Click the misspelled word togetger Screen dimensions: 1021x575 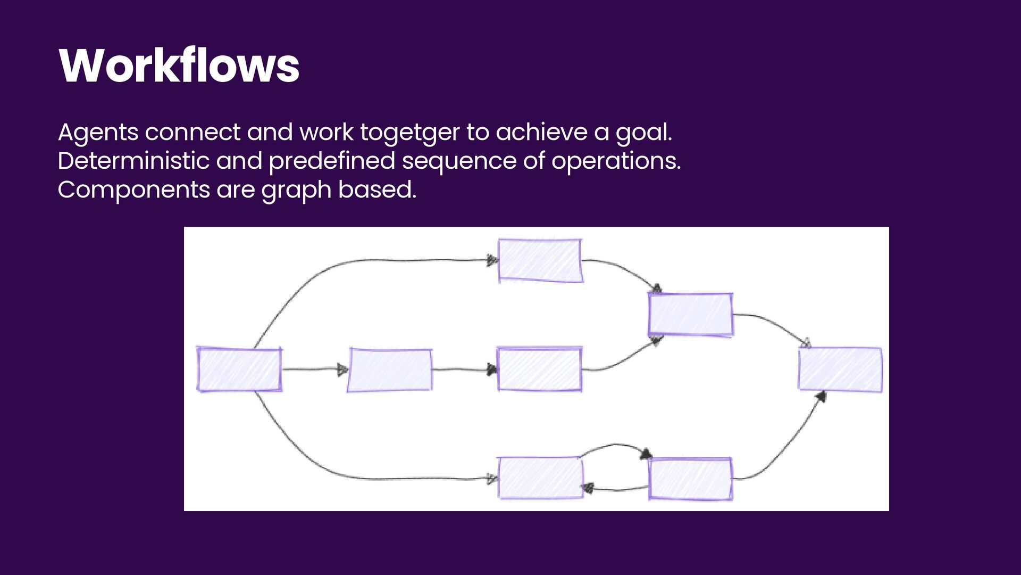click(409, 133)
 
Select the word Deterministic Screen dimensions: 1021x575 click(133, 161)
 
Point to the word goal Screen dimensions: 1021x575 click(644, 133)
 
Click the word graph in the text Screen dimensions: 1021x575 click(296, 191)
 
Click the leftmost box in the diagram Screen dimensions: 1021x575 click(239, 369)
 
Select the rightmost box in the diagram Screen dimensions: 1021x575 click(840, 369)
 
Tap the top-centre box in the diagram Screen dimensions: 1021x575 click(540, 260)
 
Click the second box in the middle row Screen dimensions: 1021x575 click(390, 370)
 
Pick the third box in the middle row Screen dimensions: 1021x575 click(539, 369)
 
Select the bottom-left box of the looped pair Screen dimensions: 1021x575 click(540, 478)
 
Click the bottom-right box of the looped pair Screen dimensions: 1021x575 click(690, 479)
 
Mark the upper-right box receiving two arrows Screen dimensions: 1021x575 click(690, 315)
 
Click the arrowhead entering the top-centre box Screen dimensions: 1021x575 click(492, 261)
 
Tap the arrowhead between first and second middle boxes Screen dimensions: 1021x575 click(343, 369)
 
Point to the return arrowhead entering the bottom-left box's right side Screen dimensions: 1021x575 click(588, 488)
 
